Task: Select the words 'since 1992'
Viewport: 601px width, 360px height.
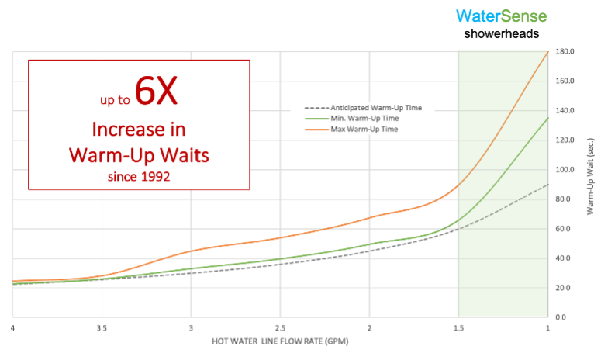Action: point(139,176)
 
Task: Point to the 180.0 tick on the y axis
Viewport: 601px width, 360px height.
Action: point(564,52)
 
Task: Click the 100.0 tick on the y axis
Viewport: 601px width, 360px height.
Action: point(564,170)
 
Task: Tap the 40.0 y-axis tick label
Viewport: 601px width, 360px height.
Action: point(564,258)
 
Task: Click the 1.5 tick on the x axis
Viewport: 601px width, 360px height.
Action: point(458,328)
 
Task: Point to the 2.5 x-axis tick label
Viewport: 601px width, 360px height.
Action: point(280,328)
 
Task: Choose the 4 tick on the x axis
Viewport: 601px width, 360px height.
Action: point(14,328)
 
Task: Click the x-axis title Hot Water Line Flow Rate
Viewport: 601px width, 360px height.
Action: point(281,342)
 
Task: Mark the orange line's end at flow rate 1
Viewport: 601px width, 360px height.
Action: point(547,52)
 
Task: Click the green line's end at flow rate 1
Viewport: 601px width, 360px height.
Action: point(547,118)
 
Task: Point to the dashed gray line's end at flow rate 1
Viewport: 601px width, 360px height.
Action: point(547,185)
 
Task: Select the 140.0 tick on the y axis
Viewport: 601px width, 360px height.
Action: point(564,111)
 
